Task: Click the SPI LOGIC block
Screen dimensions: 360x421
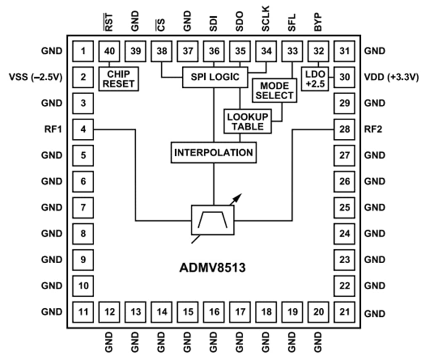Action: point(215,77)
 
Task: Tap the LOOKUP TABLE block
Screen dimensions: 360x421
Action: point(247,121)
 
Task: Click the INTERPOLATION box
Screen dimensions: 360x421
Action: point(214,152)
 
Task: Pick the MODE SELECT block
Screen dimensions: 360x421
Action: point(274,90)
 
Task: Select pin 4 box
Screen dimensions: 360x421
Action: point(83,129)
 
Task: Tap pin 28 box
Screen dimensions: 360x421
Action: point(345,129)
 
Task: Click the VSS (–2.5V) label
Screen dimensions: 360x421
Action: point(36,77)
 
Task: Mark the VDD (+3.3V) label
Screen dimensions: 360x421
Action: point(390,77)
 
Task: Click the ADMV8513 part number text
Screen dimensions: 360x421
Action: point(214,267)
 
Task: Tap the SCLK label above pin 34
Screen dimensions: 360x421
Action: point(266,19)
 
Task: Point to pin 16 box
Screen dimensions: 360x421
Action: point(214,312)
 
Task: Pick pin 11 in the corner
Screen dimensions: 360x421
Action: point(83,312)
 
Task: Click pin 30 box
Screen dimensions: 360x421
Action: point(345,77)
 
